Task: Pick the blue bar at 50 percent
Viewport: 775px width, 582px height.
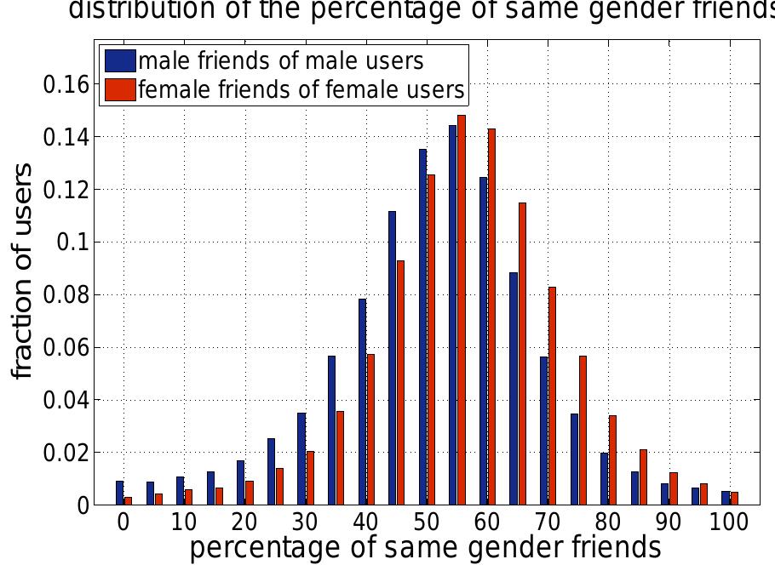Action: point(422,327)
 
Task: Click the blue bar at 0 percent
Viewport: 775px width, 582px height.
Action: point(120,493)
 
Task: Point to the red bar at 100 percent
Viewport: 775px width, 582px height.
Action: point(734,499)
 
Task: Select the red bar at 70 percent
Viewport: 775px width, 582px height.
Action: point(552,396)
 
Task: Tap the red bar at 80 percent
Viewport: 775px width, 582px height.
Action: point(612,460)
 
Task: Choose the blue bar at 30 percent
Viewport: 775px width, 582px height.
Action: point(301,459)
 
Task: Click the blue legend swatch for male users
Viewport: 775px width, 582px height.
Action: point(120,61)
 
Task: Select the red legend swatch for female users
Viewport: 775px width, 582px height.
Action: point(120,89)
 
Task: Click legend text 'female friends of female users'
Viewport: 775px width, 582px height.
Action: point(301,89)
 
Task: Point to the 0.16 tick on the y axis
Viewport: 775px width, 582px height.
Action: point(66,84)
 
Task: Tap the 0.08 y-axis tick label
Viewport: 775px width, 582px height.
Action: point(66,295)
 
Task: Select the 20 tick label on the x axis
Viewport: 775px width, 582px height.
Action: point(244,522)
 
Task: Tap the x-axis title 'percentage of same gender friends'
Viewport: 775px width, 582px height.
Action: point(424,550)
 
